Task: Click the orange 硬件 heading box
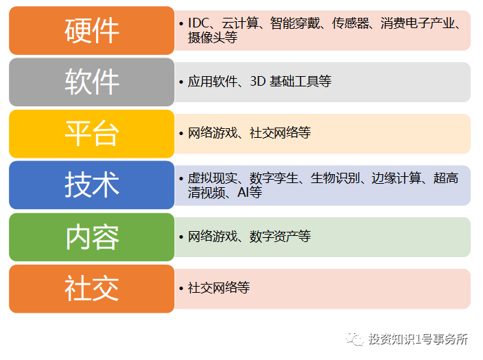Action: [x=91, y=30]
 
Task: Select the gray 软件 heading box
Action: [x=91, y=82]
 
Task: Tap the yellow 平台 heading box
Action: [x=91, y=133]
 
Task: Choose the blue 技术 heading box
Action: [x=91, y=184]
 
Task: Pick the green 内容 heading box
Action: [x=91, y=237]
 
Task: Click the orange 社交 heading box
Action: [x=91, y=288]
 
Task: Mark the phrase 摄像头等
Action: [x=213, y=38]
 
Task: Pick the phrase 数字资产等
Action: [x=280, y=237]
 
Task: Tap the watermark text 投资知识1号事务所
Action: [x=417, y=339]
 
